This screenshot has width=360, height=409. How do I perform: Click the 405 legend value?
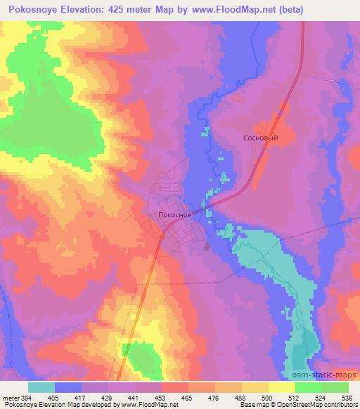click(63, 397)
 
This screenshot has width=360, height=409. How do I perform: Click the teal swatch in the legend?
click(41, 387)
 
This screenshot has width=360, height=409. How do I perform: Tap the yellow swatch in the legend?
click(281, 387)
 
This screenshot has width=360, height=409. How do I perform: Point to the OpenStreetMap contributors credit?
click(320, 404)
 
